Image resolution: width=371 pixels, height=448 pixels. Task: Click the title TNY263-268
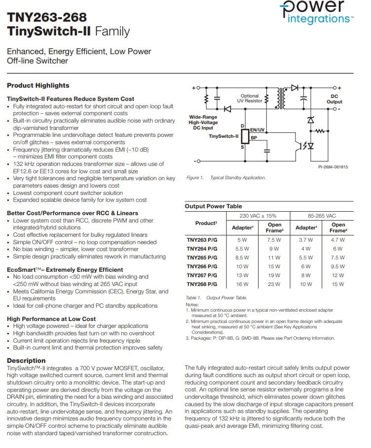(47, 18)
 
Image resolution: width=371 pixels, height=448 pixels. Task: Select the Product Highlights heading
(38, 85)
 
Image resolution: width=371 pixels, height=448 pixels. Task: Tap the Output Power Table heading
(213, 206)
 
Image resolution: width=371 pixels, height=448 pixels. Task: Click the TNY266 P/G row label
(201, 266)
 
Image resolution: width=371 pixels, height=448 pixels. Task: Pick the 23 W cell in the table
(274, 284)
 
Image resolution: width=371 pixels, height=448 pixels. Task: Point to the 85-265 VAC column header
(322, 216)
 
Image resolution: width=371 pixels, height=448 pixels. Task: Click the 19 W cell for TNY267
(274, 275)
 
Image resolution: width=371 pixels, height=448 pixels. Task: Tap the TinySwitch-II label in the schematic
(223, 136)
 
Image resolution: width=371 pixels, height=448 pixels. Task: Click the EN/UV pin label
(257, 130)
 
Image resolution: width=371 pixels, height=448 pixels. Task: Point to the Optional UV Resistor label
(250, 98)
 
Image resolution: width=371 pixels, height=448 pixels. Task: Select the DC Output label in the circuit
(334, 99)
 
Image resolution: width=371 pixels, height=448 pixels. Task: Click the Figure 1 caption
(225, 178)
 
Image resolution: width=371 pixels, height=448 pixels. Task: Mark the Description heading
(26, 360)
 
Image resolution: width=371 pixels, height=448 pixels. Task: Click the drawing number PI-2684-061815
(333, 167)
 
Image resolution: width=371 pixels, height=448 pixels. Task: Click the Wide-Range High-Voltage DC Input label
(203, 123)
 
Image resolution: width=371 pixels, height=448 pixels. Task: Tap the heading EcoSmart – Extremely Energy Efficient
(65, 270)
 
